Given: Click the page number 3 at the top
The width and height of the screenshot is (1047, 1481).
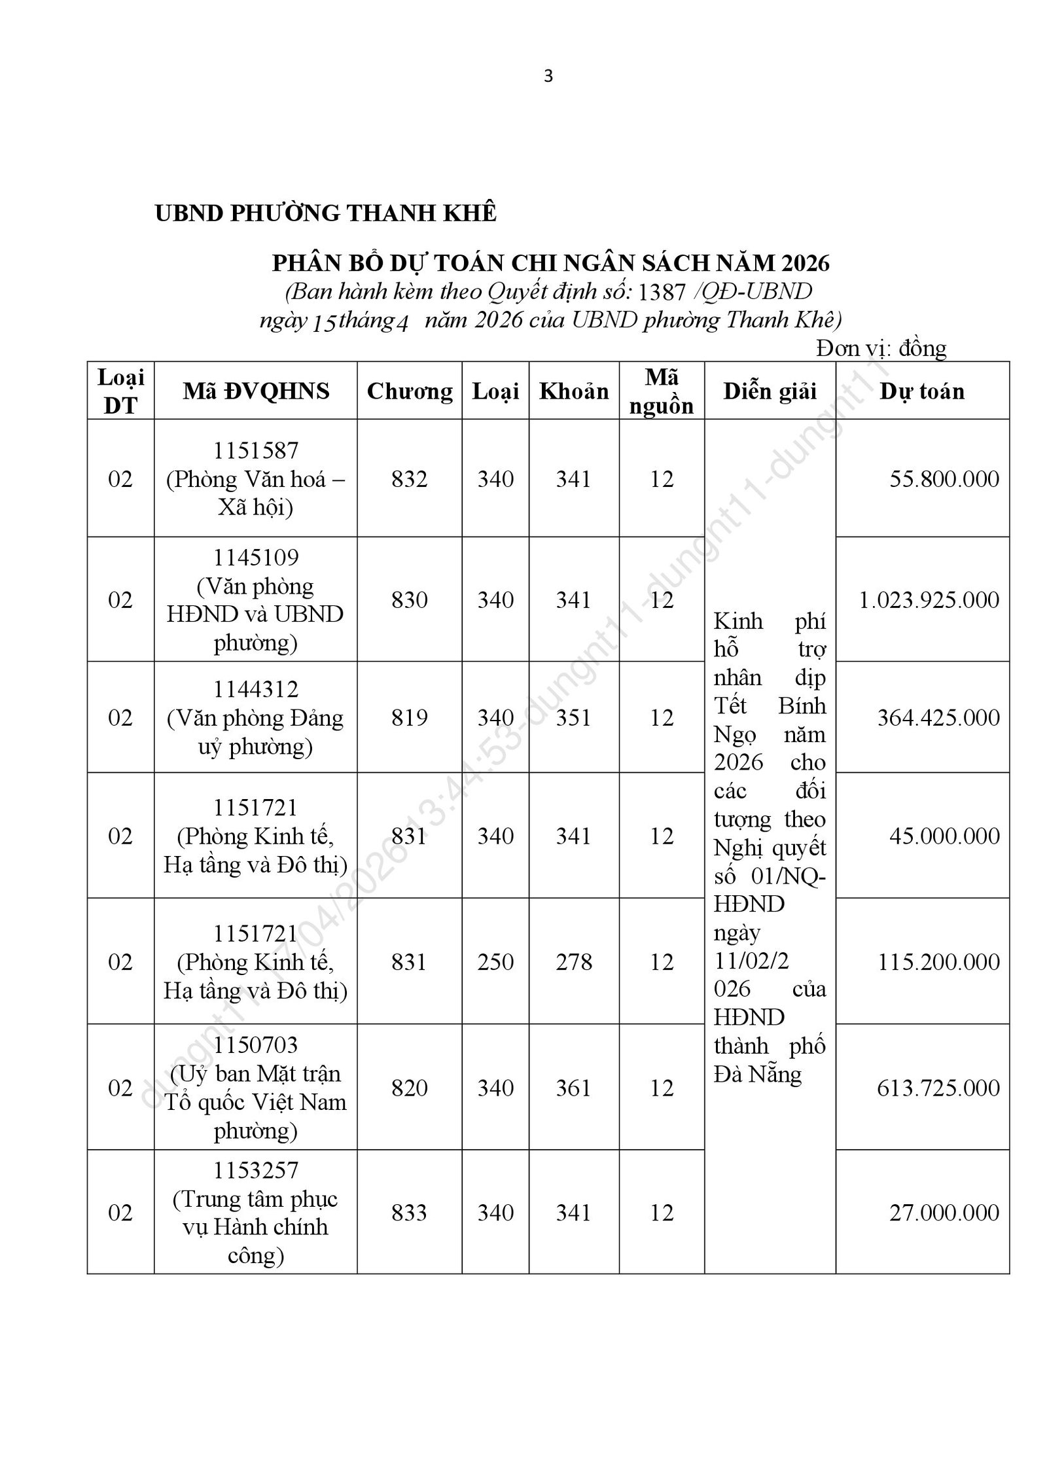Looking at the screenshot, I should (x=548, y=77).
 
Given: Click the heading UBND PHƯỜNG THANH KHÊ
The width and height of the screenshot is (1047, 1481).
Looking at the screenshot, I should (x=325, y=213).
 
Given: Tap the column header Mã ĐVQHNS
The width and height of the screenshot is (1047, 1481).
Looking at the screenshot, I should (x=256, y=391).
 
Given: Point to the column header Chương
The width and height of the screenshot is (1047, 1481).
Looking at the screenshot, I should (x=410, y=391).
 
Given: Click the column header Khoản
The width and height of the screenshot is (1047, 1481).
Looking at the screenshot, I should (x=574, y=391).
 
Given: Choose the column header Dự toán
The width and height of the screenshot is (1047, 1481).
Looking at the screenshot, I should (x=922, y=391).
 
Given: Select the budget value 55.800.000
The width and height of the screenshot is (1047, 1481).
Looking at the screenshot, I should (x=944, y=479).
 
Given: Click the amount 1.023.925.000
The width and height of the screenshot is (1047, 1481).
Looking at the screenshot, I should (x=929, y=600).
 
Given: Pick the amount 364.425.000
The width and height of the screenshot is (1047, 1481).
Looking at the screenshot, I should (x=938, y=718).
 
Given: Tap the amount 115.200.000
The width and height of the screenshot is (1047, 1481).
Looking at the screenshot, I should (x=938, y=962).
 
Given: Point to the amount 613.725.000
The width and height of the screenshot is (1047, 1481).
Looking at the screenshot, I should (x=938, y=1088).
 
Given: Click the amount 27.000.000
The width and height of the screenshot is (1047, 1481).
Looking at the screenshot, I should (x=944, y=1213).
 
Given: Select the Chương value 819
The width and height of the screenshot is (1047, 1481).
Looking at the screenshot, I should (x=410, y=718).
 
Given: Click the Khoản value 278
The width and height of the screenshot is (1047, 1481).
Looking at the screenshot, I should (x=574, y=962).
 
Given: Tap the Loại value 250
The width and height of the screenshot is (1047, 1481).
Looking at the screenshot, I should (x=495, y=962).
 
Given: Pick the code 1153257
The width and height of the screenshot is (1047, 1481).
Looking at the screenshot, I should (x=256, y=1170).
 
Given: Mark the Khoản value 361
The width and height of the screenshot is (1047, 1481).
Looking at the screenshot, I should (x=574, y=1088).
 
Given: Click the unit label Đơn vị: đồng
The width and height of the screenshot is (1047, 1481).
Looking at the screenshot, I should (x=881, y=348).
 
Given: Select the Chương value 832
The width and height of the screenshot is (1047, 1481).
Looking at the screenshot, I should (x=410, y=479).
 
